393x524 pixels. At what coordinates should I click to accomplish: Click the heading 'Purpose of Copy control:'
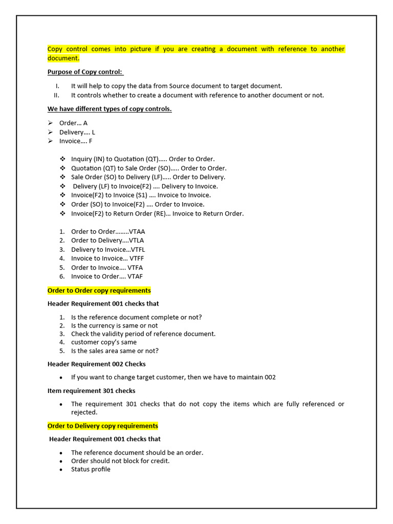(85, 72)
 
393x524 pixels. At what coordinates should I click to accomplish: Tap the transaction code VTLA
(137, 241)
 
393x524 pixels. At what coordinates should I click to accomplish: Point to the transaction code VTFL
(138, 250)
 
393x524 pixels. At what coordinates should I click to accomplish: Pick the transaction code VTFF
(137, 258)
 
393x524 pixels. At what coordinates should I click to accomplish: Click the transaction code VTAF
(135, 276)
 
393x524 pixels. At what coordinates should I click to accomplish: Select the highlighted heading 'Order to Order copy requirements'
(99, 291)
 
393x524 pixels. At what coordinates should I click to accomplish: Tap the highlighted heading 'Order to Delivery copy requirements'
(103, 426)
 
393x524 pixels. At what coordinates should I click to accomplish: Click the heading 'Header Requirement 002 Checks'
(97, 364)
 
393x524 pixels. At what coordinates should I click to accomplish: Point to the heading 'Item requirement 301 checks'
(92, 390)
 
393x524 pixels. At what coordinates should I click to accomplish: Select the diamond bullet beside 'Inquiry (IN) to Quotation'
(62, 159)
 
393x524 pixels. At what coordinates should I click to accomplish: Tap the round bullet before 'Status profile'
(61, 470)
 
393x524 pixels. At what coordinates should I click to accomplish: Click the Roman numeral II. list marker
(56, 95)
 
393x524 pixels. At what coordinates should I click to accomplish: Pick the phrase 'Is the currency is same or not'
(115, 325)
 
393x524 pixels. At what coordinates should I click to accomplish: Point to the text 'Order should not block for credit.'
(120, 461)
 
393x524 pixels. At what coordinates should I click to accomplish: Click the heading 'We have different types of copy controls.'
(110, 109)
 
